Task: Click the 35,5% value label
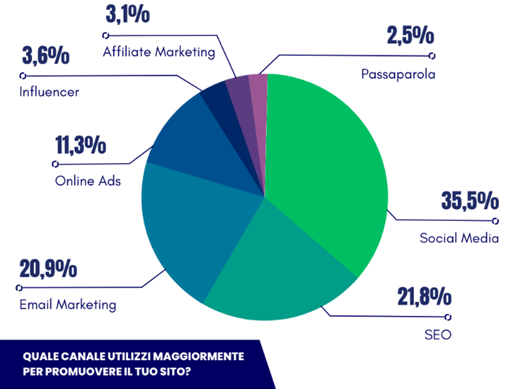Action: tap(470, 200)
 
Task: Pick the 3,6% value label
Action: tap(45, 56)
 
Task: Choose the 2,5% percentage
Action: tap(406, 35)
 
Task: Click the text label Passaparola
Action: tap(398, 74)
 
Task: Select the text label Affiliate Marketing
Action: tap(159, 52)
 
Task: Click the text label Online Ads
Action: tap(88, 180)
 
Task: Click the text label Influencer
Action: tap(49, 92)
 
